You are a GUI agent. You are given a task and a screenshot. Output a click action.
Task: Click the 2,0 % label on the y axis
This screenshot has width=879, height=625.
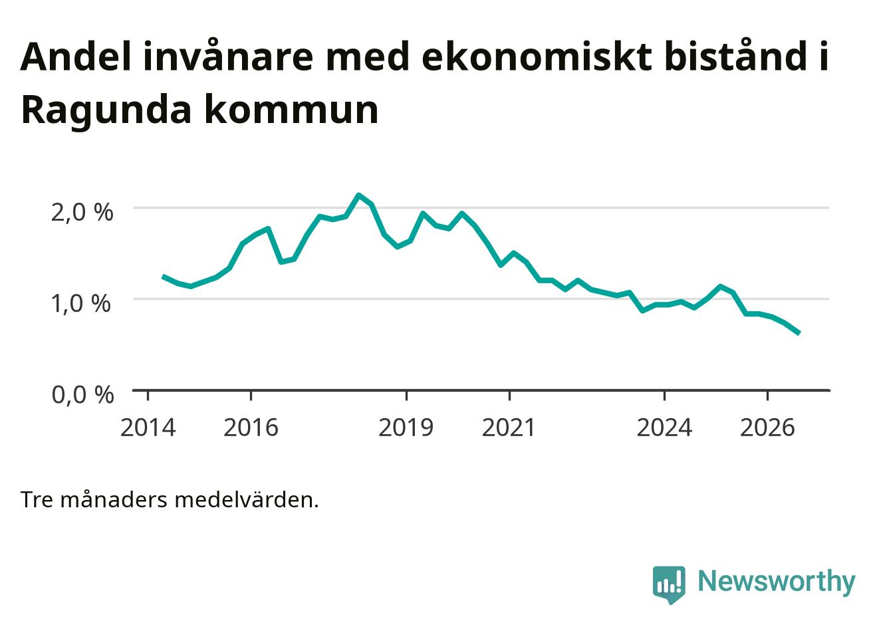point(82,213)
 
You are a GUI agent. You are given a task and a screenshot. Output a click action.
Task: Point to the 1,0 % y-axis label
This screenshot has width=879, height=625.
point(81,304)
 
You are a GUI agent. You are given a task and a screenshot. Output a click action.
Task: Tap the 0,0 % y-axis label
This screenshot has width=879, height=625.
point(82,395)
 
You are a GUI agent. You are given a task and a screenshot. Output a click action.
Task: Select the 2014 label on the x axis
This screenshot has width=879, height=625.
point(148,428)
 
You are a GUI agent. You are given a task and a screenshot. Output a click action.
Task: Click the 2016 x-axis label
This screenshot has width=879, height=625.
point(251,428)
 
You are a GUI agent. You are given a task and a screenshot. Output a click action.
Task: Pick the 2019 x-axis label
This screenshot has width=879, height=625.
point(406,428)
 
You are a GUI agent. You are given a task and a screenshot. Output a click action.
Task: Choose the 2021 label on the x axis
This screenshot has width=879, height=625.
point(509,428)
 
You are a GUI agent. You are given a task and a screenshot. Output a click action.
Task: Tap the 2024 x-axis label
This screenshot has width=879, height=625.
point(664,428)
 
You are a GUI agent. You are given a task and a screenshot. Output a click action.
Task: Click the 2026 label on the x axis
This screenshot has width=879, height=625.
point(767,428)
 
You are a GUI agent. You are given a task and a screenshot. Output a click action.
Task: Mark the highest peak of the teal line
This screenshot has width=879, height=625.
point(358,195)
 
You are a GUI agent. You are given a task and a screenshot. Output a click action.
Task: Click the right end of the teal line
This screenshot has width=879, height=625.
point(799,333)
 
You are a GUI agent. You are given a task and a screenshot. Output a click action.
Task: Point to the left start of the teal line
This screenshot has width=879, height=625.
point(164,277)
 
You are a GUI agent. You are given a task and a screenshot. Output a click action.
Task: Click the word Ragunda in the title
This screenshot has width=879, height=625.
point(106,110)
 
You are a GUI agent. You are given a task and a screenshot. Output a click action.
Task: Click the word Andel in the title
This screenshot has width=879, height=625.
point(75,57)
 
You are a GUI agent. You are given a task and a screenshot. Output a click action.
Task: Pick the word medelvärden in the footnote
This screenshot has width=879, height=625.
point(247,501)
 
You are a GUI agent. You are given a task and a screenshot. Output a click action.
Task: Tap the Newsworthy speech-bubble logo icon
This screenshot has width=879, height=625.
point(669,584)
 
